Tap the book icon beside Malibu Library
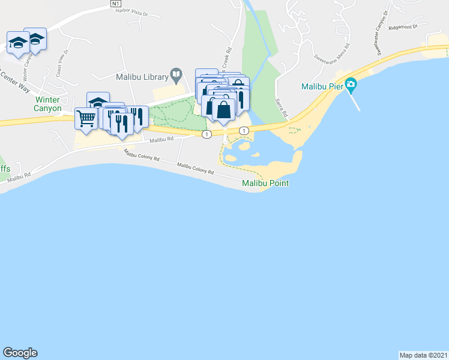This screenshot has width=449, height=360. [x=176, y=76]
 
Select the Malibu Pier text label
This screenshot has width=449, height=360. [x=322, y=85]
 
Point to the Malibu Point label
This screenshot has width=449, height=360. [x=266, y=183]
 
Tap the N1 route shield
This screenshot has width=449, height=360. [x=116, y=4]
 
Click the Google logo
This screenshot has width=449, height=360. [x=20, y=353]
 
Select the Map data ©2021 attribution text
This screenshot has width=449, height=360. [x=423, y=355]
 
